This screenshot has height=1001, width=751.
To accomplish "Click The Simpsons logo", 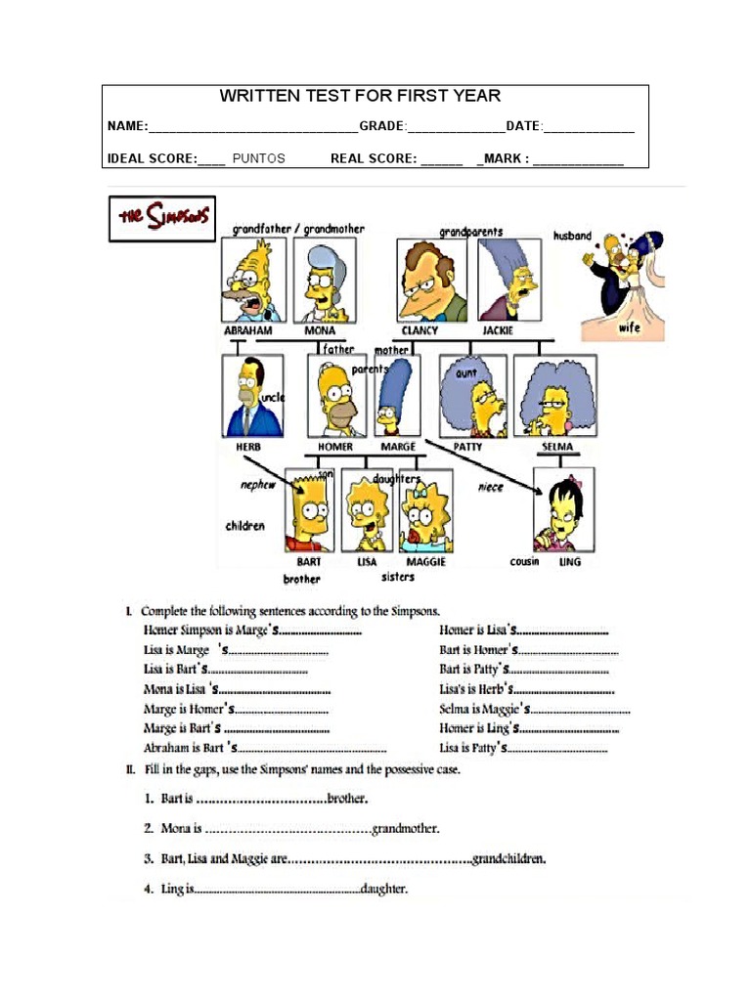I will point(161,218).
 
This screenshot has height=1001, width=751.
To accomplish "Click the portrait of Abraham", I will point(252,280).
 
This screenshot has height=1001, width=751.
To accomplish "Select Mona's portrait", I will point(325,280).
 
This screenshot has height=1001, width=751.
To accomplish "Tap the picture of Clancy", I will point(431,280).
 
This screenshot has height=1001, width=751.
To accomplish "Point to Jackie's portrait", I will point(508,280).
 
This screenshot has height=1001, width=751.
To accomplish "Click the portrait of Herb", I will point(252,396).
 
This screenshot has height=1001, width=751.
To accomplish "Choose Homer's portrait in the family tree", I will point(336,396).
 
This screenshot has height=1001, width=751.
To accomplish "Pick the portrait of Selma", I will point(554,396).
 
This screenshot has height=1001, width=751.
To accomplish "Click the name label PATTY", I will point(467,447).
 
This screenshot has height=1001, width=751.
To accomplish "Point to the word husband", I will point(572,236).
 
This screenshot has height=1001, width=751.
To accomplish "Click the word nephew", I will point(259,485).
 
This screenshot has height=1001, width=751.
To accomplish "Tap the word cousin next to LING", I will point(524,562).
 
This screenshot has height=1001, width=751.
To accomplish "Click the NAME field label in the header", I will point(126,127).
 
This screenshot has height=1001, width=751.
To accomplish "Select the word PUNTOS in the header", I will point(259,158).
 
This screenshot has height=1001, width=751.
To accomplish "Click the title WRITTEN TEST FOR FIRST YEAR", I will point(360,96).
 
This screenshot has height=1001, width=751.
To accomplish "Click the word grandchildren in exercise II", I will point(508,860).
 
